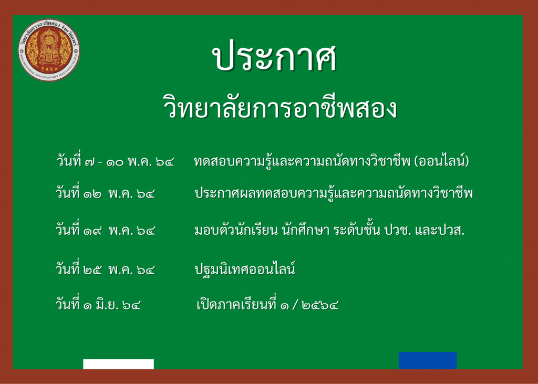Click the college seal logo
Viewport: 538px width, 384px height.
49,50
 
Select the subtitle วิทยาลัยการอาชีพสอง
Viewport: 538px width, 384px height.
280,108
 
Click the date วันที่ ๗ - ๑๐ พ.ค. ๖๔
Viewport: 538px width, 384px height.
115,160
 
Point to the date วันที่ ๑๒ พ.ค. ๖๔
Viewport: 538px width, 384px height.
105,193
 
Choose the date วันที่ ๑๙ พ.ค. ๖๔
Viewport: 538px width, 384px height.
105,230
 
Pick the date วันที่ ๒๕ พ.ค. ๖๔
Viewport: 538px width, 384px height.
105,269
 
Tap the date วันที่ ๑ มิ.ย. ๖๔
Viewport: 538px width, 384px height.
98,304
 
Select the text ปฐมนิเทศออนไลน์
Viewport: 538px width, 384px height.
245,269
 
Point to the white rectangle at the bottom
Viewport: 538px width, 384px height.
118,364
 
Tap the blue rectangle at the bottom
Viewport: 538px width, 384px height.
428,360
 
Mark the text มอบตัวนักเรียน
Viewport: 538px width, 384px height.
236,230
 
